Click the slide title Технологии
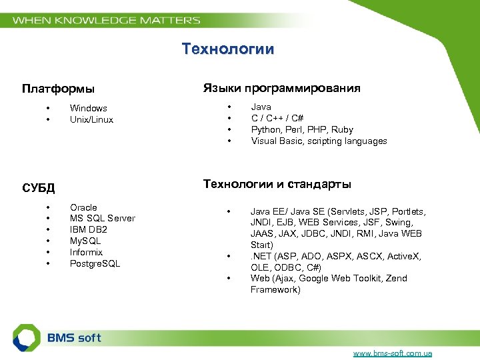[x=227, y=49]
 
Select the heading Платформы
[x=58, y=89]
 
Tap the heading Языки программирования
[x=281, y=88]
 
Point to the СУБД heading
[x=38, y=188]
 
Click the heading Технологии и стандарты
[x=277, y=184]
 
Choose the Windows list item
[x=89, y=108]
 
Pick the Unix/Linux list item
[x=91, y=119]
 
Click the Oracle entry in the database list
[x=83, y=207]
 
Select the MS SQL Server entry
[x=102, y=218]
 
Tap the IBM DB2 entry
[x=89, y=229]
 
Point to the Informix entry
[x=86, y=252]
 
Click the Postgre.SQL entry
[x=95, y=263]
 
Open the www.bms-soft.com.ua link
[x=392, y=353]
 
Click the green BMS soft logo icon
[x=27, y=338]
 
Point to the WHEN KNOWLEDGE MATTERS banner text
[x=107, y=20]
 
